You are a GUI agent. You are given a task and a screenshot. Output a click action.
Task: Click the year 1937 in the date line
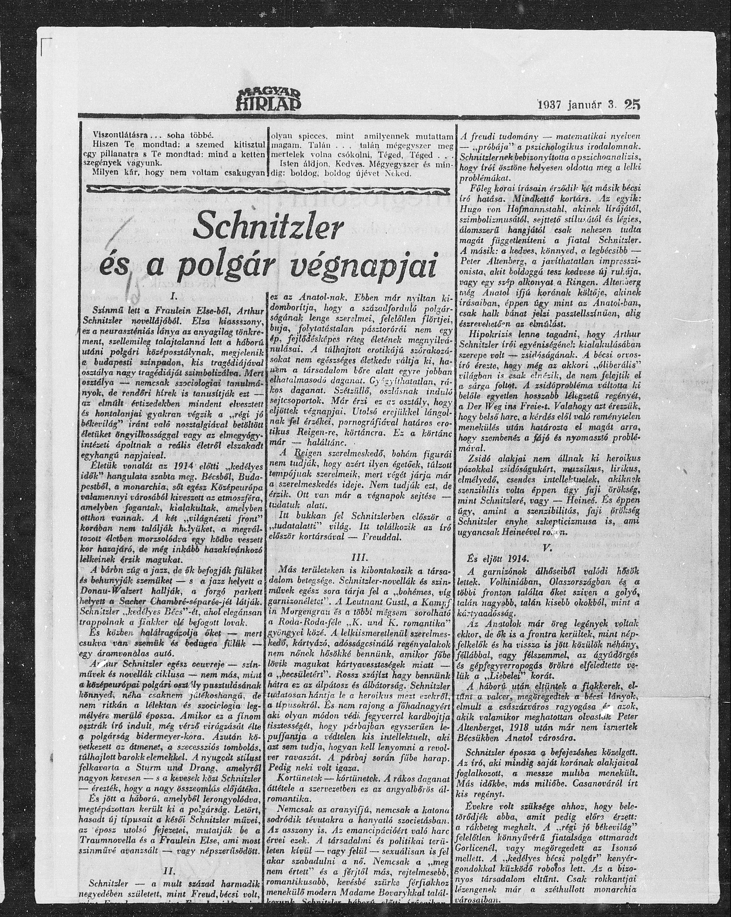coord(551,116)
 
